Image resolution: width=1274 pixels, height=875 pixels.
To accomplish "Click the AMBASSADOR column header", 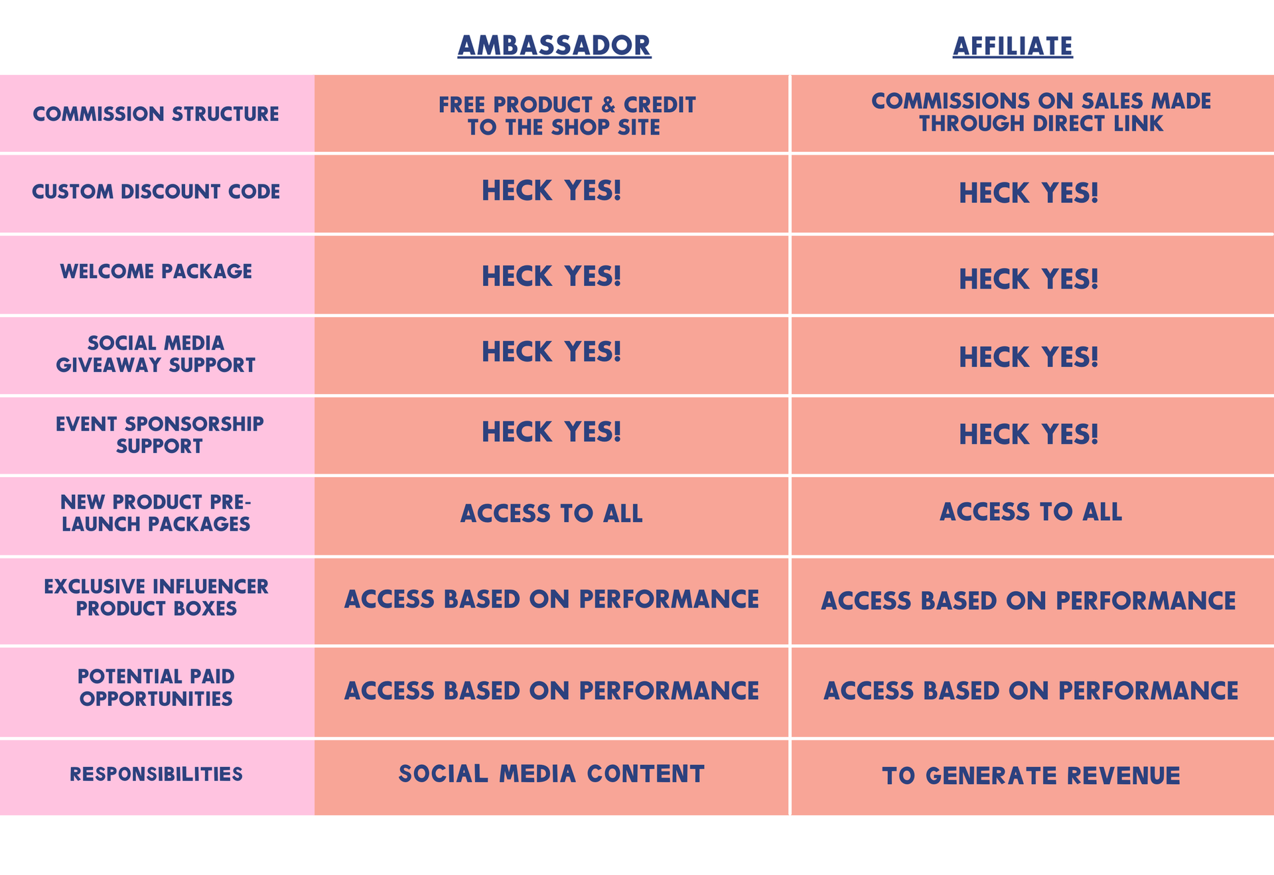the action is click(x=554, y=45).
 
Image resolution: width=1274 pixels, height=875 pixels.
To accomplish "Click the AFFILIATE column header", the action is click(x=1013, y=46).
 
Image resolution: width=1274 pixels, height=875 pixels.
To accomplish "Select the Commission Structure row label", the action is click(x=156, y=114).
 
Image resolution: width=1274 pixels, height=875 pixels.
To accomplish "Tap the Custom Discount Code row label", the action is click(x=156, y=192).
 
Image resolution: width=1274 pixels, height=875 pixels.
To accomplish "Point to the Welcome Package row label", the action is click(x=156, y=271).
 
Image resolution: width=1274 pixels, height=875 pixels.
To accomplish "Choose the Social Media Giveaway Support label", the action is click(x=156, y=354).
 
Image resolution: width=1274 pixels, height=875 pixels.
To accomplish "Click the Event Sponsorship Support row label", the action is click(x=159, y=435).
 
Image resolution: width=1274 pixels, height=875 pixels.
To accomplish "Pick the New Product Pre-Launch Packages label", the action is click(x=156, y=513).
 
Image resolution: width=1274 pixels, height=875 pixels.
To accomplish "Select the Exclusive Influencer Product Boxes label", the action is click(x=156, y=598).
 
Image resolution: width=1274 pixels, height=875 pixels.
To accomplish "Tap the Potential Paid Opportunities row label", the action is click(x=156, y=687).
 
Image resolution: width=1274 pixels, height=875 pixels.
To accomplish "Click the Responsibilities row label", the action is click(x=156, y=774).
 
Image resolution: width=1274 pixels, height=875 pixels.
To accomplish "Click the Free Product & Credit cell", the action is click(x=567, y=116).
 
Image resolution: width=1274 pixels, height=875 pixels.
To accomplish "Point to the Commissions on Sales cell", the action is click(x=1041, y=112).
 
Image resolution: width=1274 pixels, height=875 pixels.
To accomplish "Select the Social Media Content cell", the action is click(x=551, y=774).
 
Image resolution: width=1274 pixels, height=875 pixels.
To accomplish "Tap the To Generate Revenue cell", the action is click(x=1031, y=775).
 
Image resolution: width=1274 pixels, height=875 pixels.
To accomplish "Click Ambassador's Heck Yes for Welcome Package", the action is click(x=551, y=276).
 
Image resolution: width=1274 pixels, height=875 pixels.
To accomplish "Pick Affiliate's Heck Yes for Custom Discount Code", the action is click(x=1028, y=193).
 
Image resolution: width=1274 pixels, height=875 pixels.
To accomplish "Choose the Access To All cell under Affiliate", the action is click(x=1030, y=511).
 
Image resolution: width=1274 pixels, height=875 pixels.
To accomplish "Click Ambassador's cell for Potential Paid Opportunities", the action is click(x=551, y=691).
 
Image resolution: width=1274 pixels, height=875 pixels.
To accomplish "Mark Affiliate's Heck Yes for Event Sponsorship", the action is click(x=1028, y=435).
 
